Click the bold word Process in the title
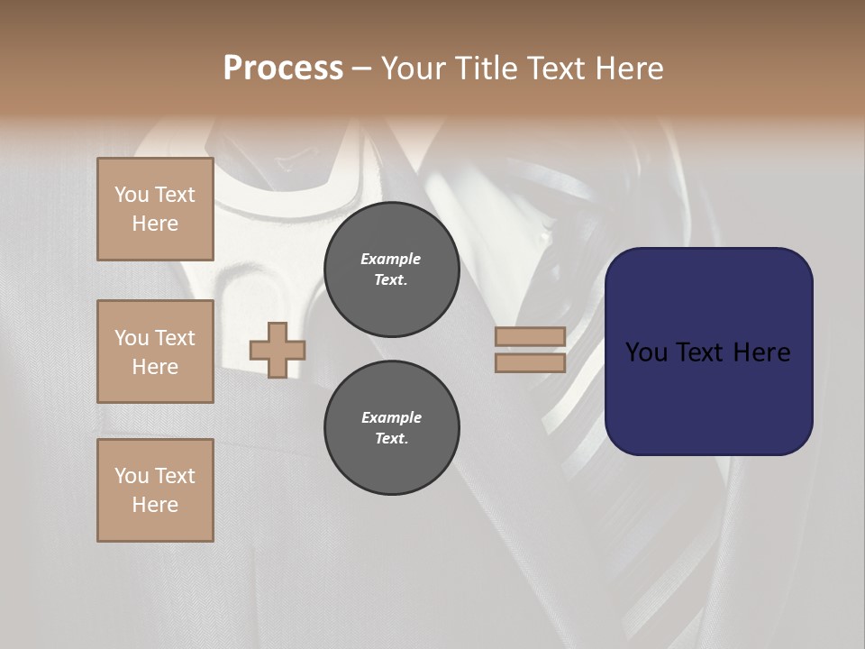point(283,69)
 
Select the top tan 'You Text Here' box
point(155,209)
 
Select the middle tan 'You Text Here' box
point(155,352)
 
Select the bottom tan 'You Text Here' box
point(155,490)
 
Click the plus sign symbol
point(277,350)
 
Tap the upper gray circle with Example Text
point(391,270)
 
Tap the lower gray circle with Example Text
point(391,428)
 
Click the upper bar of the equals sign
point(530,336)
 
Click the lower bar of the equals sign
point(530,363)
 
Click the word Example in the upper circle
point(391,259)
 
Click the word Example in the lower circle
point(391,417)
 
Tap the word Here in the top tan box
point(155,224)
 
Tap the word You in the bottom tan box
point(132,476)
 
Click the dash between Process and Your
point(362,69)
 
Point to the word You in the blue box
point(646,352)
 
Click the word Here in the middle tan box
point(155,367)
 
